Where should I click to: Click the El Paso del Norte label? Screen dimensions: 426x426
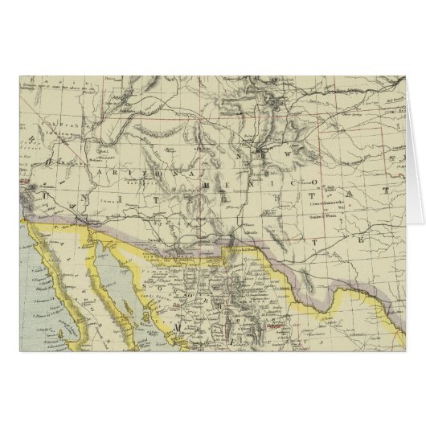pos(242,250)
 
